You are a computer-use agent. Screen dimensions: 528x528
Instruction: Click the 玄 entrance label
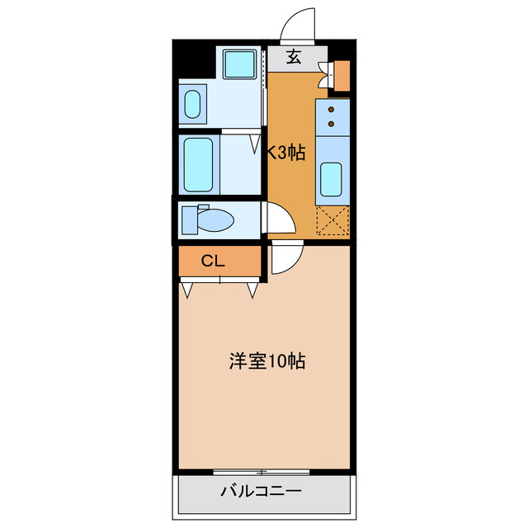pos(294,57)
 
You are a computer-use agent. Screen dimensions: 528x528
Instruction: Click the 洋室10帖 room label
pos(266,361)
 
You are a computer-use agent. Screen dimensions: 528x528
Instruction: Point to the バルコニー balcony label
pos(261,493)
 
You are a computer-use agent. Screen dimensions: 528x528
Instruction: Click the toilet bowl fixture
pos(210,219)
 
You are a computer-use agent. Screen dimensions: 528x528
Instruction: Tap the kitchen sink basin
pos(332,179)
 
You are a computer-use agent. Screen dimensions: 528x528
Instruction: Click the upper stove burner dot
pos(332,109)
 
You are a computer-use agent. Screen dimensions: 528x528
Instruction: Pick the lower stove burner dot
pos(332,124)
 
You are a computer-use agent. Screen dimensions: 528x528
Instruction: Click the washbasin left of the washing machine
pos(192,105)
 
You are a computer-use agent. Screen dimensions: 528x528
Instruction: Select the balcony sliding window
pos(261,472)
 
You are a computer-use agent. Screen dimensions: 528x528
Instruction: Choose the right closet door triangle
pos(252,290)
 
